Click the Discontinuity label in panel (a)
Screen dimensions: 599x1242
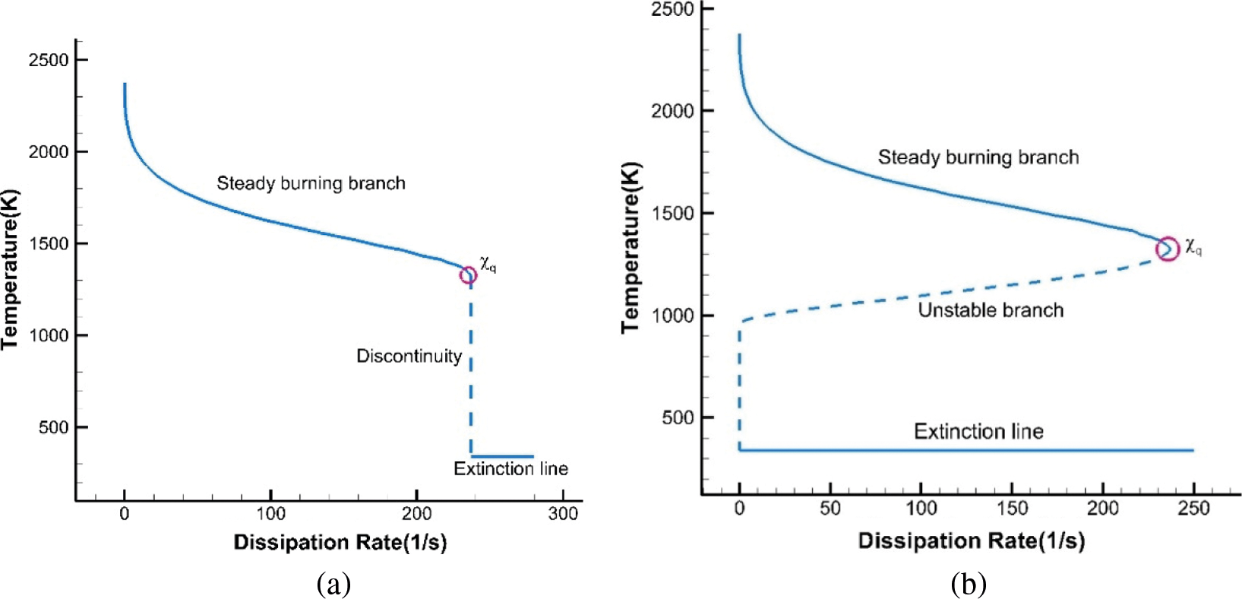coord(409,356)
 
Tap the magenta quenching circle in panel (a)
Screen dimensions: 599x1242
coord(469,275)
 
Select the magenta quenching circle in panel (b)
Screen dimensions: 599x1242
coord(1168,249)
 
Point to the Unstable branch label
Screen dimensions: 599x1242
coord(991,310)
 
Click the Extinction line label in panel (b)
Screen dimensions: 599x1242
coord(978,432)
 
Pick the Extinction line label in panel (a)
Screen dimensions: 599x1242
coord(510,468)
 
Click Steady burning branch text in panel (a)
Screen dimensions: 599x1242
coord(311,183)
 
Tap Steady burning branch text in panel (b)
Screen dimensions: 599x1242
coord(978,157)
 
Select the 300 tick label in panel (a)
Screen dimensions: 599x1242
coord(563,514)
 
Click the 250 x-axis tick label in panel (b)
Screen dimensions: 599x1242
coord(1193,508)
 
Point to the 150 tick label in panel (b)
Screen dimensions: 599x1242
coord(1012,508)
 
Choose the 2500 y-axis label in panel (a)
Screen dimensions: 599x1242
coord(49,60)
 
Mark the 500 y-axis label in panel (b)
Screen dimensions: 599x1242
coord(678,417)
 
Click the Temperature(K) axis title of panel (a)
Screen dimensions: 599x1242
coord(11,270)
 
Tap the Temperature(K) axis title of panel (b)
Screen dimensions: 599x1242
coord(631,247)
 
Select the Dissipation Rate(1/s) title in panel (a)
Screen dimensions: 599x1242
coord(340,542)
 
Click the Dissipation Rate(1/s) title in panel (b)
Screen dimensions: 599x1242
coord(971,540)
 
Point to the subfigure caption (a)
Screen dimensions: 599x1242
coord(333,584)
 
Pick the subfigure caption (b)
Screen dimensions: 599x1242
coord(968,584)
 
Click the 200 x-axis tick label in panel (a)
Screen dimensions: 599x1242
coord(416,514)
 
